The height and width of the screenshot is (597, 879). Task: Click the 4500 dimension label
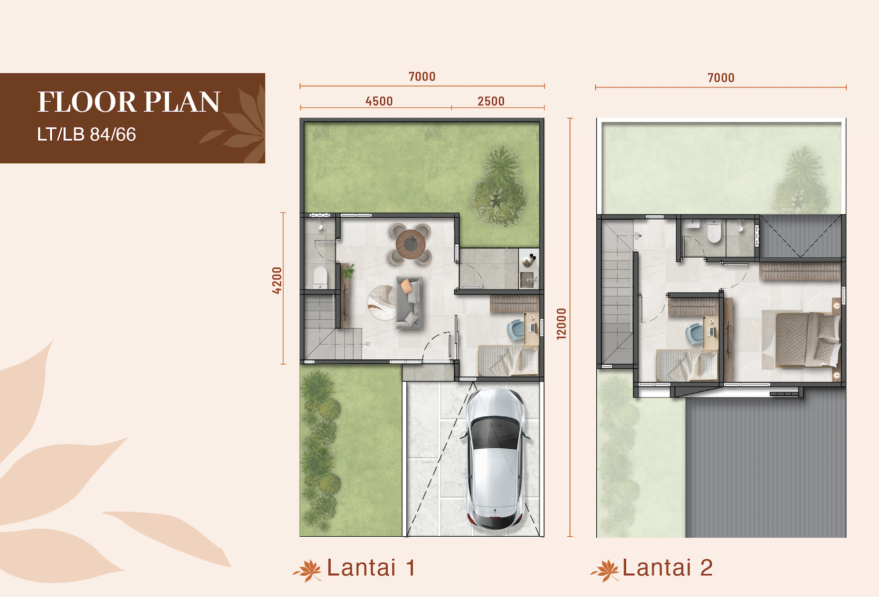[x=379, y=101]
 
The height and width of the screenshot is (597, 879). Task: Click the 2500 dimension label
[x=491, y=101]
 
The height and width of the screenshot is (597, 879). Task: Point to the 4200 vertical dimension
[x=277, y=280]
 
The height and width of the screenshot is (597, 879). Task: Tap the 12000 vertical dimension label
[x=562, y=324]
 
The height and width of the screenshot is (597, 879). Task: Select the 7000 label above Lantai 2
[x=721, y=78]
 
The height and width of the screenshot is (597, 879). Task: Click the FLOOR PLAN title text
[x=129, y=102]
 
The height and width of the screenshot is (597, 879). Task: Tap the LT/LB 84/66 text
[x=86, y=135]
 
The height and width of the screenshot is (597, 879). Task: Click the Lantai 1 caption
[x=371, y=568]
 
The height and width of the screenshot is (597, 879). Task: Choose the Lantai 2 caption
[x=668, y=568]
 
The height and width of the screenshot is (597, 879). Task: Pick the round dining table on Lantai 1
[x=410, y=244]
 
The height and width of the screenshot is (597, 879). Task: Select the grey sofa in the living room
[x=409, y=302]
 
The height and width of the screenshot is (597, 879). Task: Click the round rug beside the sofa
[x=382, y=303]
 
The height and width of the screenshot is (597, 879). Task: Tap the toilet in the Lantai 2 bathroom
[x=714, y=231]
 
